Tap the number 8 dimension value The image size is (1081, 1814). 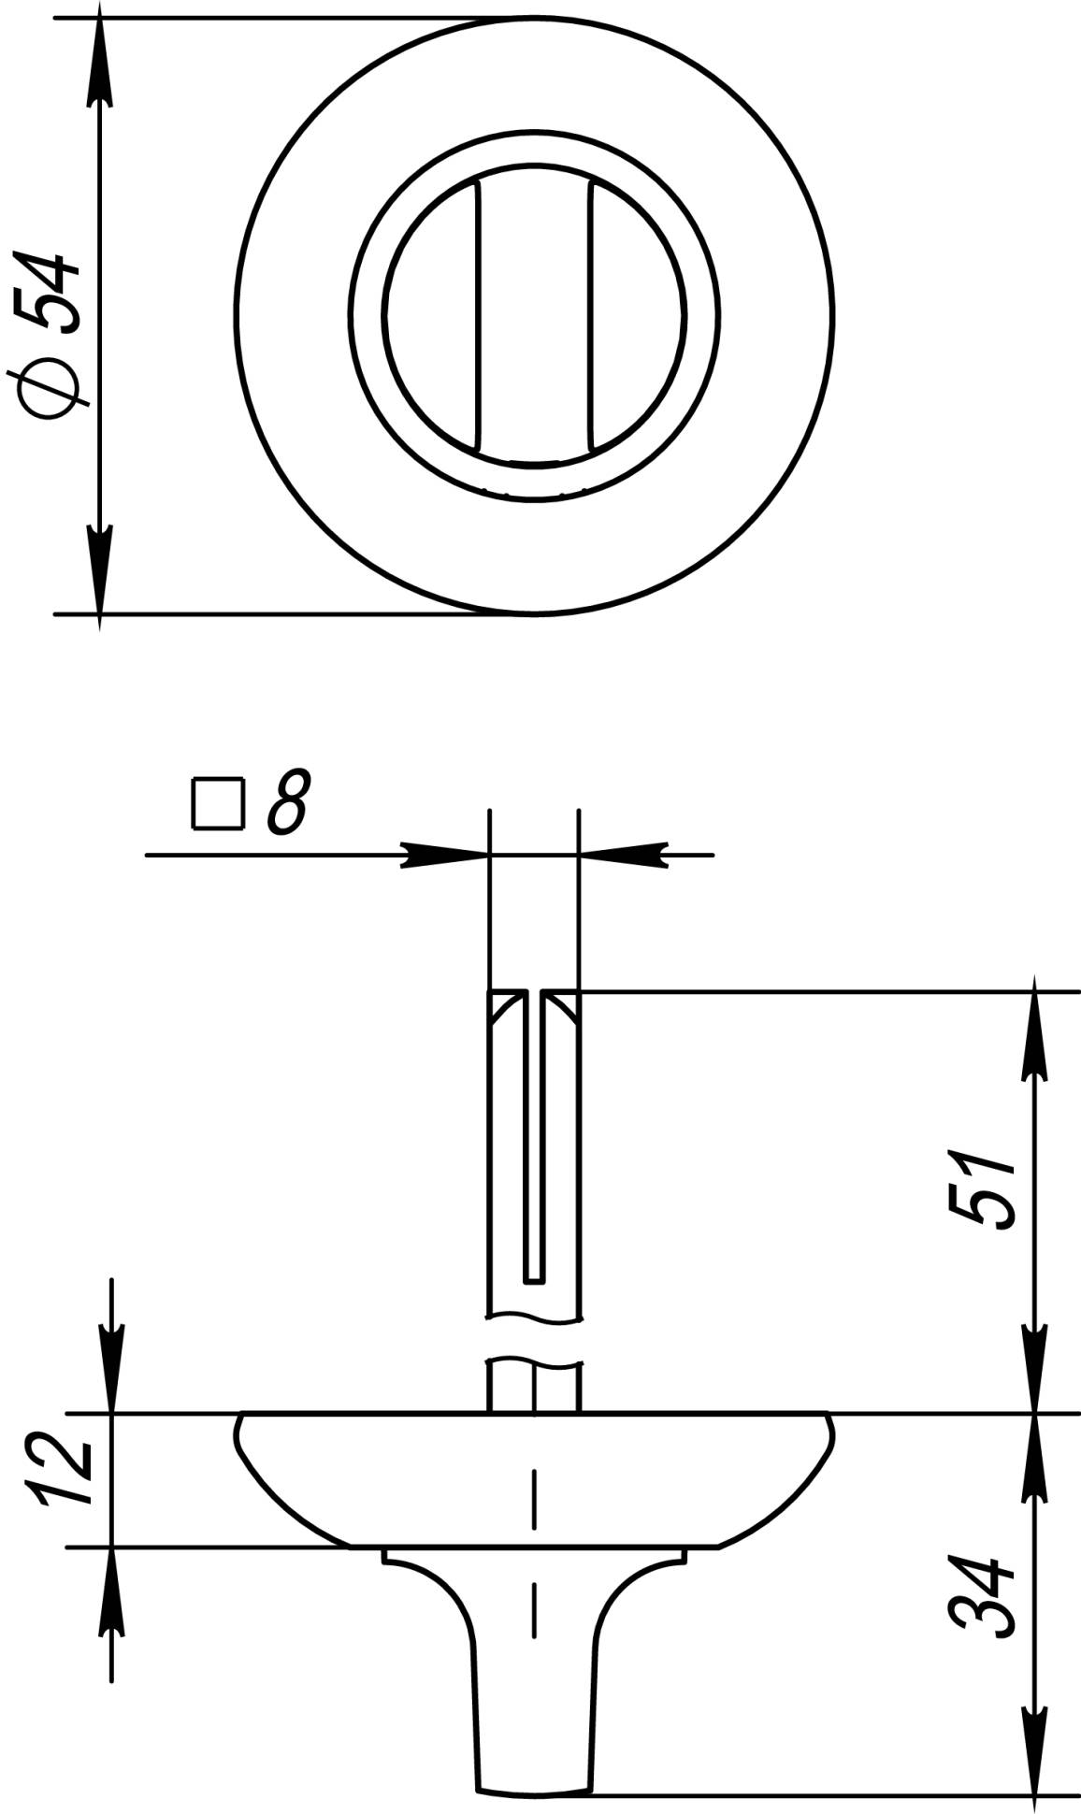point(286,802)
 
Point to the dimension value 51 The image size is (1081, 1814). point(983,1189)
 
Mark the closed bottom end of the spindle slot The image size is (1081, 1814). point(533,1278)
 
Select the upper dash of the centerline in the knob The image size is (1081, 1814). point(534,1493)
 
